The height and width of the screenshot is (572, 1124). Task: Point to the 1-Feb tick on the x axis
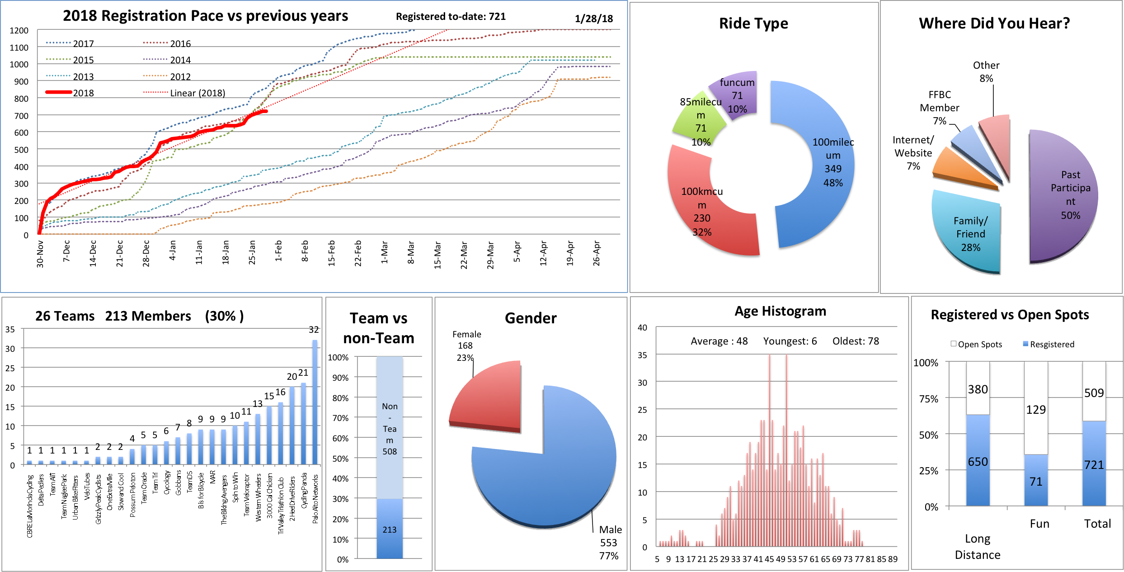pos(278,251)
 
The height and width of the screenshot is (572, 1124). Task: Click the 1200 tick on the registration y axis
pos(19,31)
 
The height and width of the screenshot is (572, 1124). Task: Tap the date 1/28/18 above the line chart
pos(593,19)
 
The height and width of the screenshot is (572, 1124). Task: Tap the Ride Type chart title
pos(753,24)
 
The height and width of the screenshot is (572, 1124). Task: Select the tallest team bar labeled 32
pos(315,402)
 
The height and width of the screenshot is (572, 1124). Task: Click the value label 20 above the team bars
pos(292,376)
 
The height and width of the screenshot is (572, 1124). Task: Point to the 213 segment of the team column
pos(390,529)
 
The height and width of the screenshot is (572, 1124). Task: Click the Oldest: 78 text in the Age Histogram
pos(856,341)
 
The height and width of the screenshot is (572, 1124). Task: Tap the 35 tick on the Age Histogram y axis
pos(642,355)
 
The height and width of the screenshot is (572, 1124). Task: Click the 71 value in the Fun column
pos(1036,482)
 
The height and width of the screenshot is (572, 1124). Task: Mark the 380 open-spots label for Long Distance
pos(978,389)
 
